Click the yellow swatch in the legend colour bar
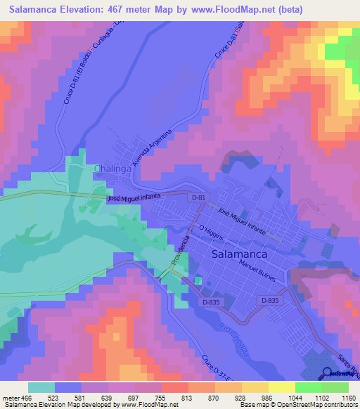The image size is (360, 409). (x=282, y=387)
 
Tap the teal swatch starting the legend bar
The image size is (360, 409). (x=41, y=387)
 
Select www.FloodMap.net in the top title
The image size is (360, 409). (x=222, y=9)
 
